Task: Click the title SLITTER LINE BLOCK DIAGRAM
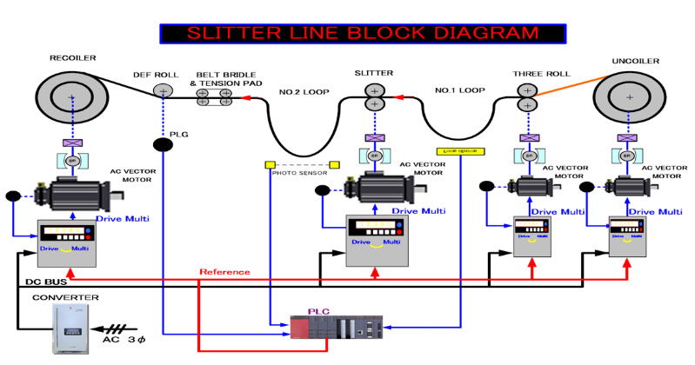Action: (350, 34)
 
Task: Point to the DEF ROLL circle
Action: (163, 90)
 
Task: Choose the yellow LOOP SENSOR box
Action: (463, 151)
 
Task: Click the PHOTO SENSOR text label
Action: (300, 173)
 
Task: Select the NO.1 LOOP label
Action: (460, 90)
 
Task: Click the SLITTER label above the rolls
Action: (374, 72)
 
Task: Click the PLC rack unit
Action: (335, 331)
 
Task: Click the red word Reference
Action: (224, 272)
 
